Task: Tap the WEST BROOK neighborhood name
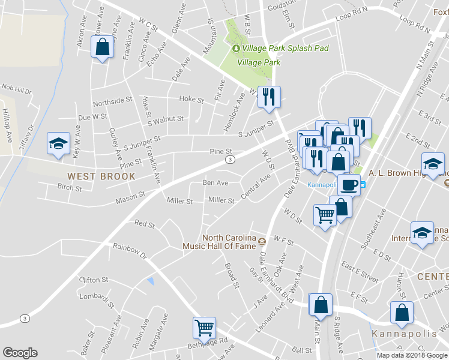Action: click(x=101, y=176)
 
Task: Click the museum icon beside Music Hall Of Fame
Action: click(x=262, y=242)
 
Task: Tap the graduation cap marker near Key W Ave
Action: click(x=58, y=143)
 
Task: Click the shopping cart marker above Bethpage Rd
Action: click(x=204, y=328)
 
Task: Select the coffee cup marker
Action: click(x=349, y=184)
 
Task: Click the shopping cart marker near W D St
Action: click(x=325, y=214)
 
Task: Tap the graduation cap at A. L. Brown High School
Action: click(x=433, y=163)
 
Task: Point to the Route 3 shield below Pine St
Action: click(x=230, y=160)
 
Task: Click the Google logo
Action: click(x=20, y=353)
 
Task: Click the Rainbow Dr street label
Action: click(x=130, y=249)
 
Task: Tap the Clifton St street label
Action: click(x=93, y=280)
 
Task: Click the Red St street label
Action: click(x=145, y=224)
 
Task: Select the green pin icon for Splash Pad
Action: click(x=236, y=48)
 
